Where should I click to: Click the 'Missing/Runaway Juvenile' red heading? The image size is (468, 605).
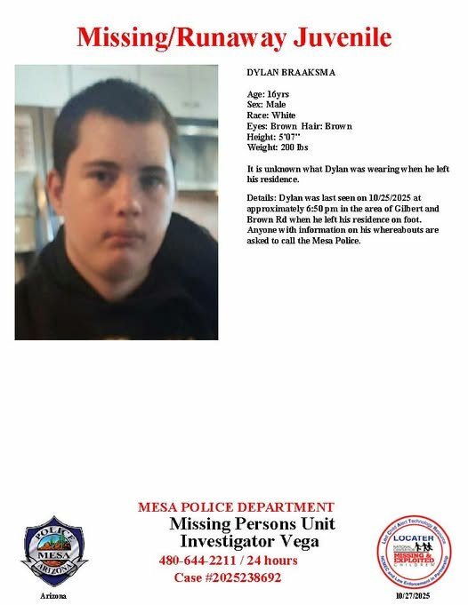click(234, 37)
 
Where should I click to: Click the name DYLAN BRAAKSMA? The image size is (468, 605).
click(282, 72)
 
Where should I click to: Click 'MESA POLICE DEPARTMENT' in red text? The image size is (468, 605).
click(236, 507)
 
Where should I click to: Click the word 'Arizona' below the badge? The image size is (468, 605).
click(52, 595)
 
